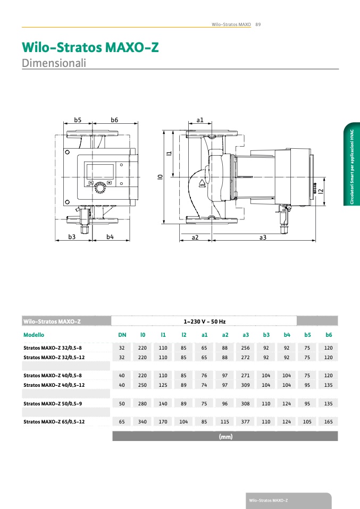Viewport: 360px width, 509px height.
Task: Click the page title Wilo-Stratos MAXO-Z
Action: tap(90, 47)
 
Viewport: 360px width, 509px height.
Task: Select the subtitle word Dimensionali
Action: tap(54, 63)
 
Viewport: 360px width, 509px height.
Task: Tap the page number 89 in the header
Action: tap(258, 24)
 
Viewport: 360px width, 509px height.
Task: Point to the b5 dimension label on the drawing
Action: tap(78, 120)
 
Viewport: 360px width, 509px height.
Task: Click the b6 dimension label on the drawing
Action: tap(114, 120)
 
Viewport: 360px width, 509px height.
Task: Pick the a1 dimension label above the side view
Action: tap(200, 120)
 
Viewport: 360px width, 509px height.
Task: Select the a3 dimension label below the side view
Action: tap(263, 237)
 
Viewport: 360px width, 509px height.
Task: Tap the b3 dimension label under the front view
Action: tap(72, 236)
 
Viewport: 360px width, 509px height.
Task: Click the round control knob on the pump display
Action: tap(100, 188)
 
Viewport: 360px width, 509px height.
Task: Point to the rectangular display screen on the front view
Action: tap(100, 172)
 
